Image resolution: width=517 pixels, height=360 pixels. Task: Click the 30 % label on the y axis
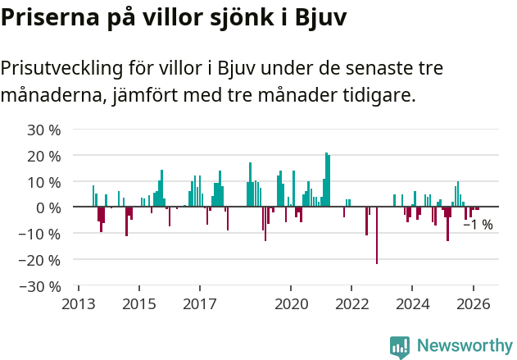point(44,130)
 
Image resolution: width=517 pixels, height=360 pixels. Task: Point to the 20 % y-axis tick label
point(44,156)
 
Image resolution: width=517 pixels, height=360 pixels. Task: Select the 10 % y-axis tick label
point(44,182)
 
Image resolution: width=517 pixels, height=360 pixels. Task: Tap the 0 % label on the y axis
point(48,207)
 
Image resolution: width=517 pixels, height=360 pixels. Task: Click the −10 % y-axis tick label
point(41,234)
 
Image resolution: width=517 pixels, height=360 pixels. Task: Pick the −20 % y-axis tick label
point(41,260)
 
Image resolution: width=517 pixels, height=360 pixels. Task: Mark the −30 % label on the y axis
point(41,286)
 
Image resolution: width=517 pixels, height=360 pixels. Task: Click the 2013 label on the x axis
point(79,303)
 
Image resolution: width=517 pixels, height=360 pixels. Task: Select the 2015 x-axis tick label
point(139,303)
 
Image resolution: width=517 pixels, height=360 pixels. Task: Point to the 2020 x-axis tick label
point(291,303)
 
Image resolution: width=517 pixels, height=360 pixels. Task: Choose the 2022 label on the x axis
point(351,303)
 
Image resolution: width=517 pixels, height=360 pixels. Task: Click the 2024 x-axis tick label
point(412,303)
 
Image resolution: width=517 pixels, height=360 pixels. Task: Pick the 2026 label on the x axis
point(473,303)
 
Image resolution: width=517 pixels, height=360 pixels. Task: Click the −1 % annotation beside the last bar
point(478,224)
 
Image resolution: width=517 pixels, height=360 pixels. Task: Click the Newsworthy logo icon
point(400,347)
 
